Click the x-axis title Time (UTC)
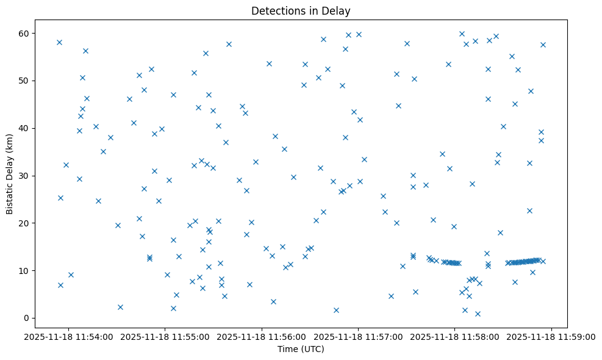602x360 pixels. pos(301,349)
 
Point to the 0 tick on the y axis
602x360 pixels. pos(27,318)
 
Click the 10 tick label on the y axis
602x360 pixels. pos(24,270)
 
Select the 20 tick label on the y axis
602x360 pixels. pos(24,223)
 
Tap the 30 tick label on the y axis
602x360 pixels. pos(24,176)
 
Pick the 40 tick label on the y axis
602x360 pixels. pos(24,128)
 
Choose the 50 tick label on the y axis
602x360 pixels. pos(24,81)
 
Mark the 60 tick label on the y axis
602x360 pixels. pos(24,33)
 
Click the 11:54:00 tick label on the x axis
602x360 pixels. pos(68,336)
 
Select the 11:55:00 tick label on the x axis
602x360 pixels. pos(165,336)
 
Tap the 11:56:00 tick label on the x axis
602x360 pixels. pos(262,336)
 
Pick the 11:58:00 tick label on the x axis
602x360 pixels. pos(455,336)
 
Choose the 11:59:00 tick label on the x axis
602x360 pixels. pos(552,336)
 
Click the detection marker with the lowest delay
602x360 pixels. pos(478,314)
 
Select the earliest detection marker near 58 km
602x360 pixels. pos(59,42)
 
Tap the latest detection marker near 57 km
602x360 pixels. pos(543,45)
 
